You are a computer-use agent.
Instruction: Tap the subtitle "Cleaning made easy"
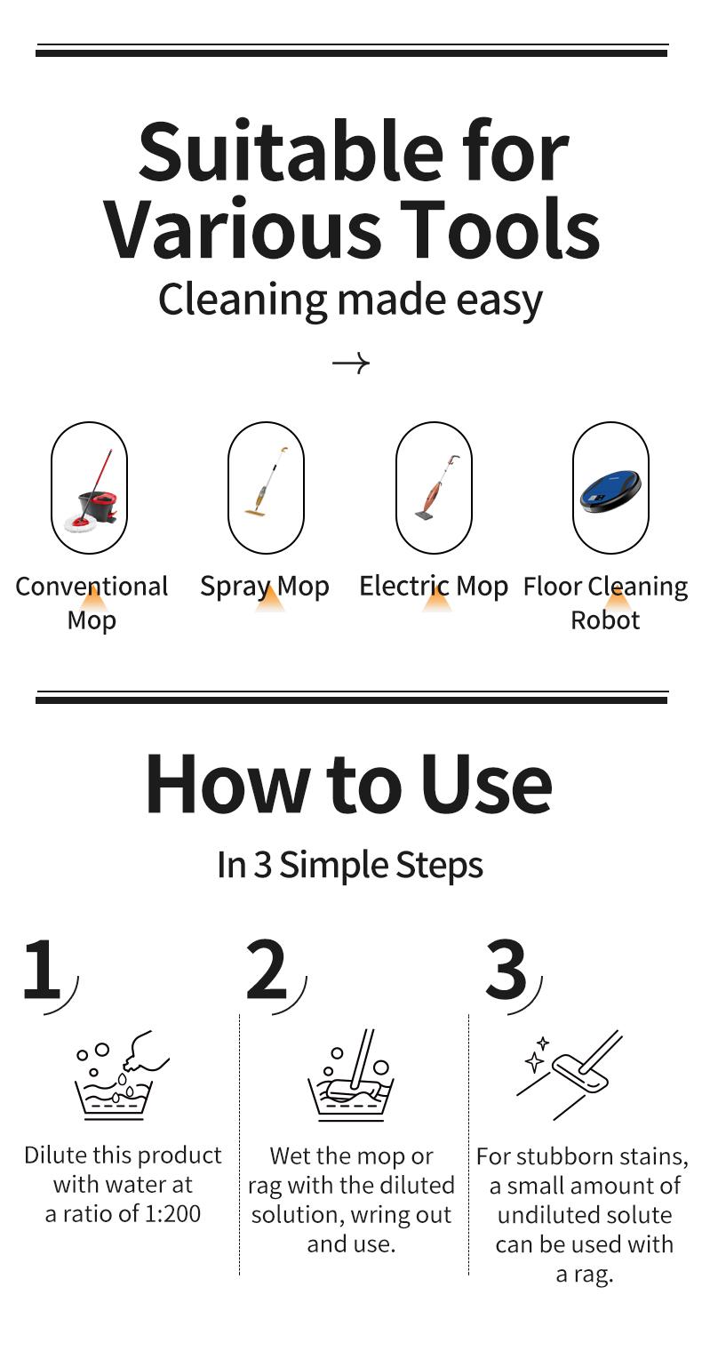click(350, 300)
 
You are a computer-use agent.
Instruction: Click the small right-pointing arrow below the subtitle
click(350, 363)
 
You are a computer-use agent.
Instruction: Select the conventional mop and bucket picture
click(89, 490)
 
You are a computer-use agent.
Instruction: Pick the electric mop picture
click(434, 488)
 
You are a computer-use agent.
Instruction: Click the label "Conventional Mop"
click(92, 603)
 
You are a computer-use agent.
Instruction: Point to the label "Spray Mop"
click(265, 587)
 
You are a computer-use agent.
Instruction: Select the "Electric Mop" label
click(434, 587)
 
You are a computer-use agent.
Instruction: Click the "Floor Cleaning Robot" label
click(605, 603)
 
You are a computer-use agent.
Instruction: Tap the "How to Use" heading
click(348, 784)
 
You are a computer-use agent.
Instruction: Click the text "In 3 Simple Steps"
click(350, 865)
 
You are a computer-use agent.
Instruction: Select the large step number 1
click(42, 970)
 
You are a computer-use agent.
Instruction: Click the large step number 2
click(267, 970)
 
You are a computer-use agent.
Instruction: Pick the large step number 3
click(507, 970)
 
